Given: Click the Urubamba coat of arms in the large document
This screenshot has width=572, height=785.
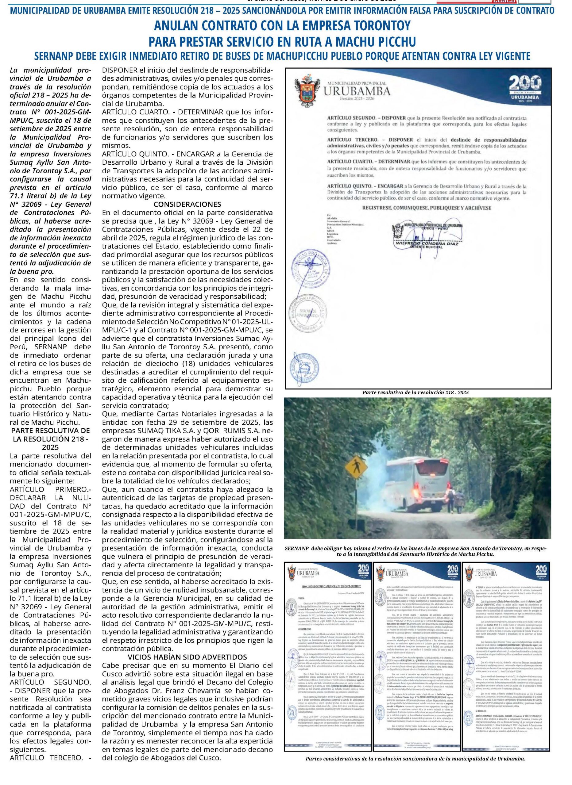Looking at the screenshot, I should (307, 91).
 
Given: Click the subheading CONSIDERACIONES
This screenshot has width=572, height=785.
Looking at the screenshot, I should (187, 204).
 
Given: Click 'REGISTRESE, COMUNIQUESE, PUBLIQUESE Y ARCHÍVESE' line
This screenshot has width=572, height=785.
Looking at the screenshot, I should (427, 208).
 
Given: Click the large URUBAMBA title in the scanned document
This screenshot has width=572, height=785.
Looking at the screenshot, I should (357, 91).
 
